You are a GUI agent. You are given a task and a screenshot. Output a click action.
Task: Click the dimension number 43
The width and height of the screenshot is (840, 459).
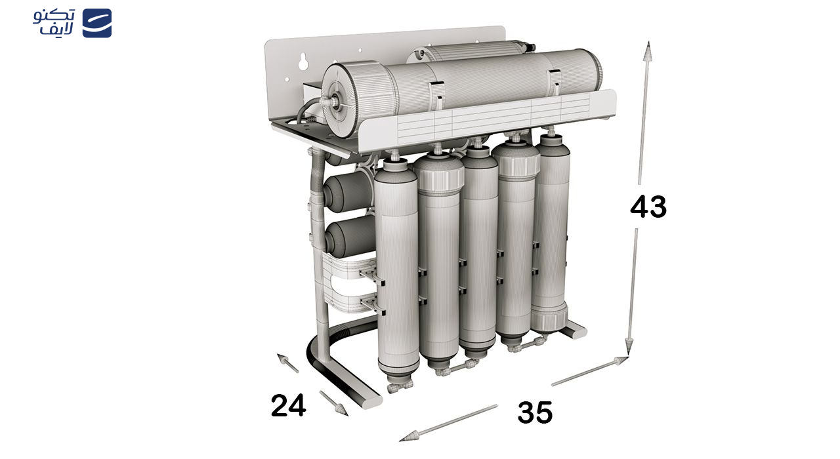coord(648,207)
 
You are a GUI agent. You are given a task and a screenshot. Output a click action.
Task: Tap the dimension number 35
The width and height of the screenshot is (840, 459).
coord(535,412)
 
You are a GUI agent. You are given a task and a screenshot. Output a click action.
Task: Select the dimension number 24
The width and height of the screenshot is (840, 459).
coord(288,405)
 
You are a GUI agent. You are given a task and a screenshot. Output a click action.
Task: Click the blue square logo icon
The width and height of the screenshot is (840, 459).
coord(96,23)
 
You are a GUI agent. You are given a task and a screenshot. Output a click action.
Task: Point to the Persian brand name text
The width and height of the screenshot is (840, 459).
coord(54,22)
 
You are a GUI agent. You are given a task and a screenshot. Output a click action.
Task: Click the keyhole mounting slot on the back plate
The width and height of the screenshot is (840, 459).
coord(303,62)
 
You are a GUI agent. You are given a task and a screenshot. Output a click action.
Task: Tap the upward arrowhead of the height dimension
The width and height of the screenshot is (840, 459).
coord(648,50)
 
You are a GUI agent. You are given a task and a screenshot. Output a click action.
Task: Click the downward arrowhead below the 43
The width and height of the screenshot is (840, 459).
coord(629,345)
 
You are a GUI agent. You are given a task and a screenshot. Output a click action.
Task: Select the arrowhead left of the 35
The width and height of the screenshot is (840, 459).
coord(409,437)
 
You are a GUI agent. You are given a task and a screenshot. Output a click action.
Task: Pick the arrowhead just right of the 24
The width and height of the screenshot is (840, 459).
coord(341,410)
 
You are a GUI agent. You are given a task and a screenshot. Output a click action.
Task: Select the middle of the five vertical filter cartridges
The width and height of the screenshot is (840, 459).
coord(478,251)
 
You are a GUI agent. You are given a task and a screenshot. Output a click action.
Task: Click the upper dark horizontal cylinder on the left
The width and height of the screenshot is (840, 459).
coord(348,191)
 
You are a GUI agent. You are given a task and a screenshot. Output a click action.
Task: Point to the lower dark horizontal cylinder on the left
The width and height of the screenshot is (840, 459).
coord(350,236)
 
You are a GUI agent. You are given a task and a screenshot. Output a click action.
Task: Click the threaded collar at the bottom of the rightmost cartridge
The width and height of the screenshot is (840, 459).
coord(549,321)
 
